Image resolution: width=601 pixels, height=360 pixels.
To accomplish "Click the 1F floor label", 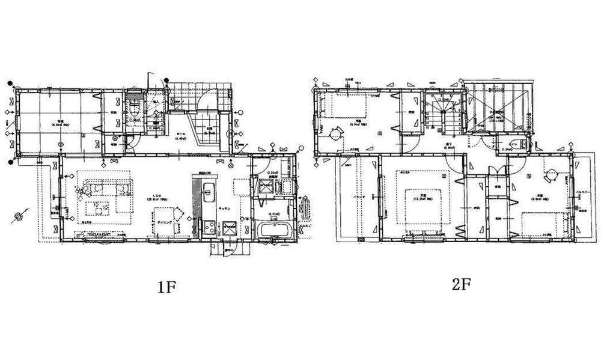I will (166, 287).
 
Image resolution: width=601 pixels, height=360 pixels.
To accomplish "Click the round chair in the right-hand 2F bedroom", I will (549, 177).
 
